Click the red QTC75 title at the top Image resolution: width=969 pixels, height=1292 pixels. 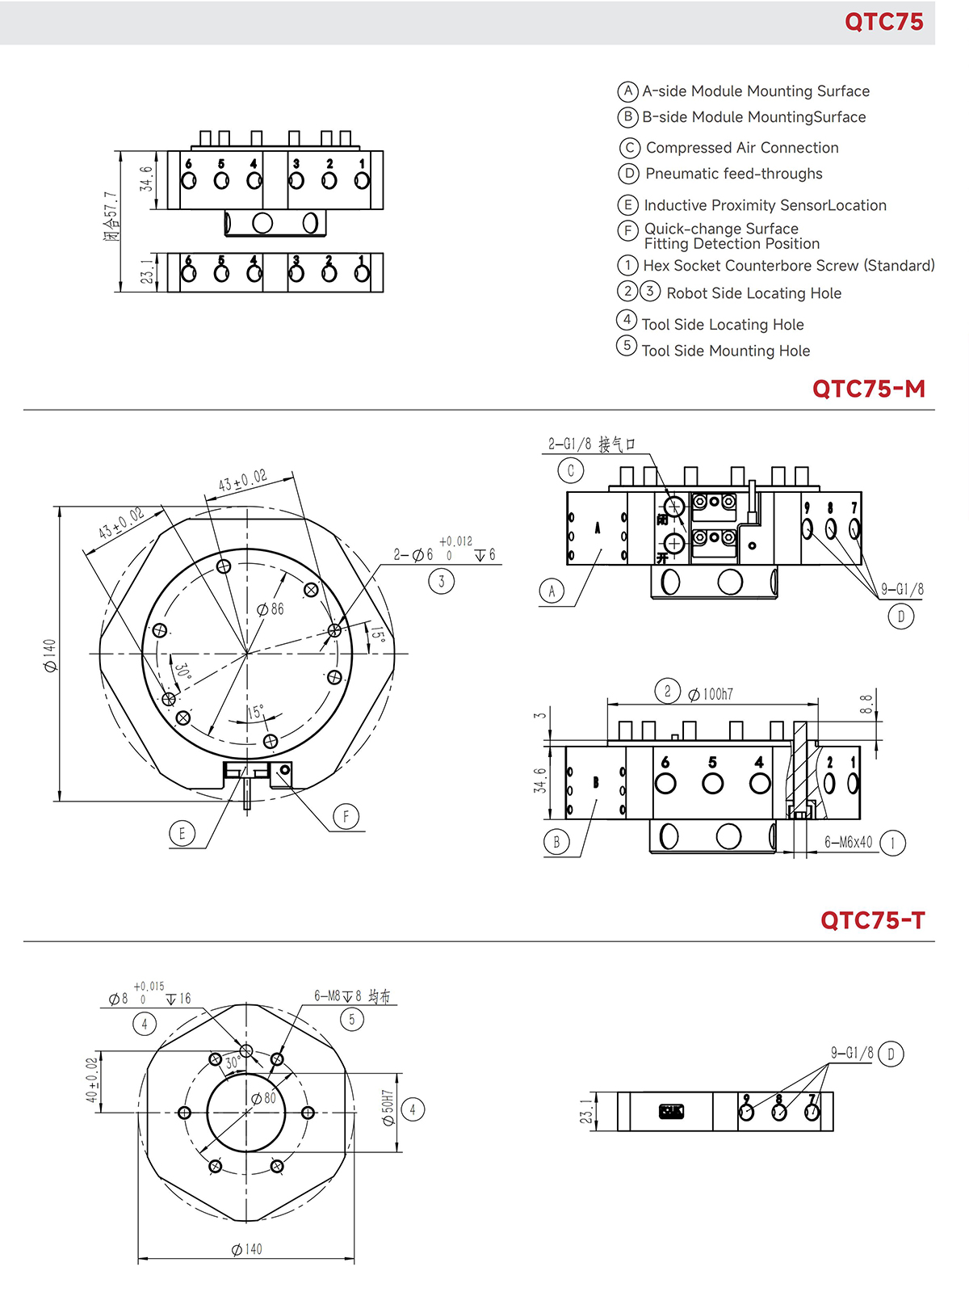pos(883,22)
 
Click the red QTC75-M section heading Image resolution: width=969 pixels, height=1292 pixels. pos(868,389)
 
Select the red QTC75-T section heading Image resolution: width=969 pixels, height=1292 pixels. pos(872,920)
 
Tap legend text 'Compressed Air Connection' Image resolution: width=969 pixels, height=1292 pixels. pos(741,148)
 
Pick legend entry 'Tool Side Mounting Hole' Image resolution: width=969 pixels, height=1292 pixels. pos(725,351)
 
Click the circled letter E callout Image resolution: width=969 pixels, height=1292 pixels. pos(182,834)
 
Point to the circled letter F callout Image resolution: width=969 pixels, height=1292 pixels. pos(346,817)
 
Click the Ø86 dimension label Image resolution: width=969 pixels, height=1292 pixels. pos(271,609)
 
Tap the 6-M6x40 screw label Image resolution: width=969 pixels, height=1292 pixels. pos(848,843)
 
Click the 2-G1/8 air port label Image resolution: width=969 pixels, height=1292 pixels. pos(591,444)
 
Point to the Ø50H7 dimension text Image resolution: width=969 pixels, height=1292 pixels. pos(388,1108)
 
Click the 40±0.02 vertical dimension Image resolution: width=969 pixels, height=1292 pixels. pos(92,1080)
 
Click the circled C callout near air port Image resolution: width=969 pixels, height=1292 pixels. pos(570,470)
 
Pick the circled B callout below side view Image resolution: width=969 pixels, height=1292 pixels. pos(556,842)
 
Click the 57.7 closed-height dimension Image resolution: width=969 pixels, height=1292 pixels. pos(111,217)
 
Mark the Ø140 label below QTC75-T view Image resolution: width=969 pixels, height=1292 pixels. pos(247,1249)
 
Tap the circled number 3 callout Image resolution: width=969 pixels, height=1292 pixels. pos(441,581)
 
